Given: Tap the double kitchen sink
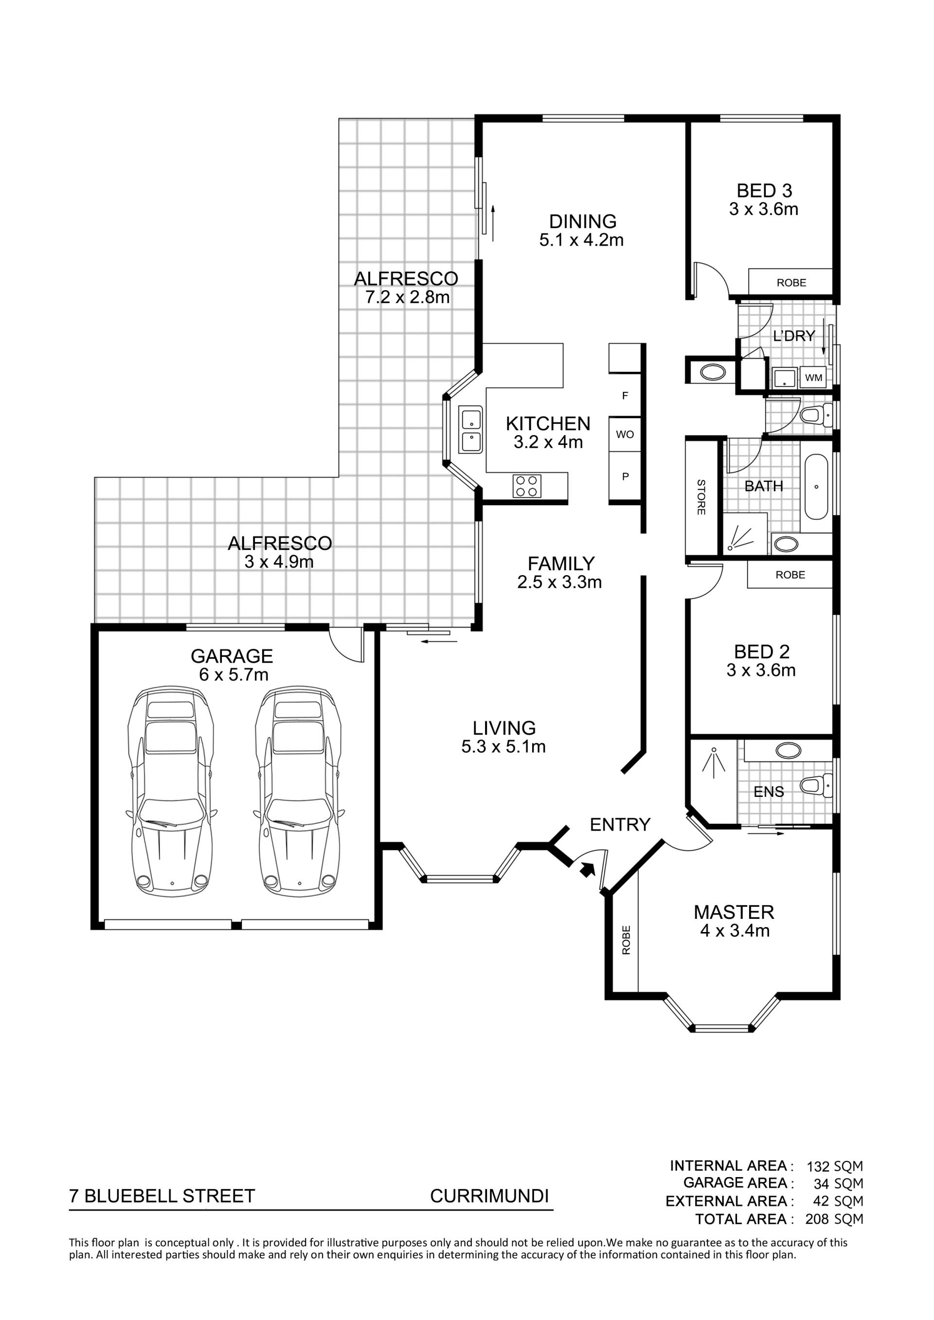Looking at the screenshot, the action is (471, 430).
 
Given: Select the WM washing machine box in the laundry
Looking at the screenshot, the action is (814, 378).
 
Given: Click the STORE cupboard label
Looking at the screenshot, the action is (701, 497).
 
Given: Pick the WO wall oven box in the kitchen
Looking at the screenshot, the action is (625, 434).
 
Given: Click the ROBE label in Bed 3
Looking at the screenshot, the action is (791, 282).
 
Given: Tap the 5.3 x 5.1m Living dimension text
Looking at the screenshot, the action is (503, 746).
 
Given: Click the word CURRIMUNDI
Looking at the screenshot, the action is (489, 1196).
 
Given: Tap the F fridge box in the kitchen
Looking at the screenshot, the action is (625, 396).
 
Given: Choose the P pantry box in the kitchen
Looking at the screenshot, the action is (625, 476).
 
